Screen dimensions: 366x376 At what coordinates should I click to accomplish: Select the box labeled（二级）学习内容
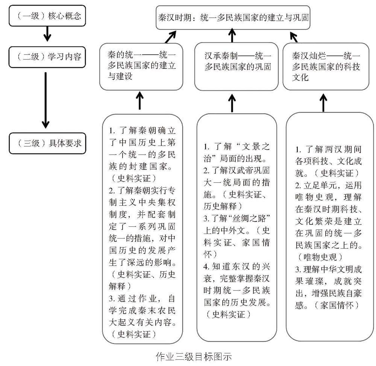pos(47,57)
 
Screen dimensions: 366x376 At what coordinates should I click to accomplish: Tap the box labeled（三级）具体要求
pos(47,143)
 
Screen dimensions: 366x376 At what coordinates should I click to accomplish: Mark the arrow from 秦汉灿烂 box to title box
pos(294,36)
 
